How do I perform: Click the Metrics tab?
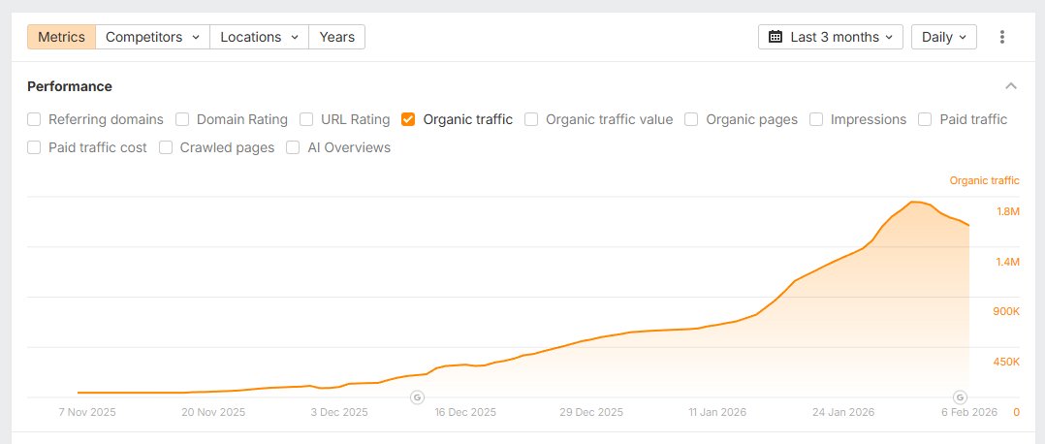pos(61,37)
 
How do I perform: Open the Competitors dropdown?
pos(152,37)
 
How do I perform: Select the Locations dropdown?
pos(258,37)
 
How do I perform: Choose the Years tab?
pos(336,37)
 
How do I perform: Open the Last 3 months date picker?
pos(831,37)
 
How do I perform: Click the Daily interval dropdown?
pos(943,37)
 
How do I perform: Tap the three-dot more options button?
pos(1002,37)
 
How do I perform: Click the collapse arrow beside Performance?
pos(1011,86)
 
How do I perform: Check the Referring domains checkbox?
pos(34,119)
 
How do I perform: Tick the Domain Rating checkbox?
pos(183,119)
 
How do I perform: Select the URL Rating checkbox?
pos(306,119)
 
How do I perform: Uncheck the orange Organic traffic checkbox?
pos(408,119)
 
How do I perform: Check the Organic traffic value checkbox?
pos(531,119)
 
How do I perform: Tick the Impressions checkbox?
pos(816,119)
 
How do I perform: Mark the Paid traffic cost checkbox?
pos(34,147)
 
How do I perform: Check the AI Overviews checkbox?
pos(293,147)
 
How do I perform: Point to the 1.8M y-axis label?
pos(1007,211)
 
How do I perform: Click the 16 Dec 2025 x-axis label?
pos(466,412)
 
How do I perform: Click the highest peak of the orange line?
pos(913,202)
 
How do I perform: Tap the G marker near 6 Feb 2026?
pos(960,396)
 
